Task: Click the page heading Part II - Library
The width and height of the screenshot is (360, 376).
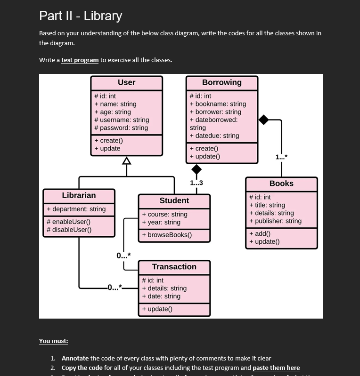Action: click(x=81, y=16)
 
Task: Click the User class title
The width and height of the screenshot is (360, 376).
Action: click(x=126, y=82)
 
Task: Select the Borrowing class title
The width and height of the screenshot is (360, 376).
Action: click(x=221, y=82)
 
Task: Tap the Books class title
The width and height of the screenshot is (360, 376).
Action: click(x=281, y=184)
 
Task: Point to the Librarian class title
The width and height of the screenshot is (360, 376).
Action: click(x=79, y=195)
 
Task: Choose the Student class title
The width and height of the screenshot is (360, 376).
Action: click(x=174, y=200)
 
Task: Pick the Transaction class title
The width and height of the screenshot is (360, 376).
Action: click(x=174, y=267)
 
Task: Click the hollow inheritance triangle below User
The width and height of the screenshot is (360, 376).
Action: click(x=126, y=161)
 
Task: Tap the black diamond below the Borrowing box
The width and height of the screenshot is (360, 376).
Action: click(x=196, y=169)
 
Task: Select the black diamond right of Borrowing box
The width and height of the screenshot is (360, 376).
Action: click(x=263, y=120)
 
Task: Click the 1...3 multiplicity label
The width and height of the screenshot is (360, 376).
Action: click(x=196, y=183)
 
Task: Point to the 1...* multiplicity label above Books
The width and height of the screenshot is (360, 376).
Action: click(x=280, y=158)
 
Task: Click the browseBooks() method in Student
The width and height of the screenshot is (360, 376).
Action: click(x=167, y=235)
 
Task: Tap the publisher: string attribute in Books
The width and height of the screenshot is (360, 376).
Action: click(x=275, y=221)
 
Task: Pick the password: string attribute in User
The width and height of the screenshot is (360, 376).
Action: click(x=121, y=128)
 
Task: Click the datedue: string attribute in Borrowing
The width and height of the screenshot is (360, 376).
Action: click(x=214, y=136)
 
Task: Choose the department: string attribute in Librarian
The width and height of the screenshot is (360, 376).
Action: click(x=76, y=209)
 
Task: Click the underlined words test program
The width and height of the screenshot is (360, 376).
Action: click(x=80, y=60)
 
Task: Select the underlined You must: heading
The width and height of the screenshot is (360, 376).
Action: click(x=53, y=341)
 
